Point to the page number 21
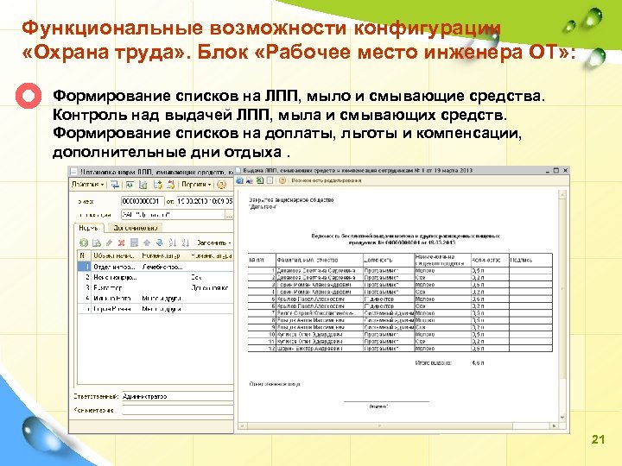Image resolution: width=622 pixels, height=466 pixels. tap(598, 440)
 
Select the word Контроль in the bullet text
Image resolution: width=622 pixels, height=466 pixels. tap(85, 115)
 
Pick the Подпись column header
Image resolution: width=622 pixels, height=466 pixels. tap(523, 259)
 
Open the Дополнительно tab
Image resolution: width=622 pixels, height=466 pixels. tap(136, 228)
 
